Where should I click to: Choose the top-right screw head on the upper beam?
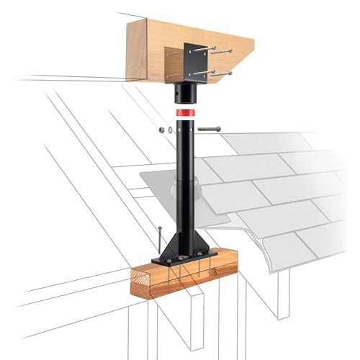point(213,50)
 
